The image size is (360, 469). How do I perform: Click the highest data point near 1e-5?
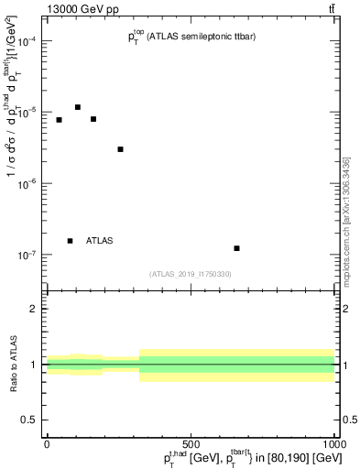[78, 107]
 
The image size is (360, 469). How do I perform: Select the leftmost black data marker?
[59, 120]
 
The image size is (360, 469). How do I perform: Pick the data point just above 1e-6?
[121, 149]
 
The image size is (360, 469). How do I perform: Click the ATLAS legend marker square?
[70, 241]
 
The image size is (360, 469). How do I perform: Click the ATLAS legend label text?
[100, 241]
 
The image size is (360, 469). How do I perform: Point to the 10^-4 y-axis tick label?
[28, 41]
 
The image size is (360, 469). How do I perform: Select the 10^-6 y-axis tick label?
[28, 183]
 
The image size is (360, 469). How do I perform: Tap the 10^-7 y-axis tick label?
[28, 255]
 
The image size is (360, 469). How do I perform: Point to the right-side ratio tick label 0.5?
[348, 420]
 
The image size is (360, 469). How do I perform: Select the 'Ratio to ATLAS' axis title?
[12, 364]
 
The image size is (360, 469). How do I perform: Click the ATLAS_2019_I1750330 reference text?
[191, 274]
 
